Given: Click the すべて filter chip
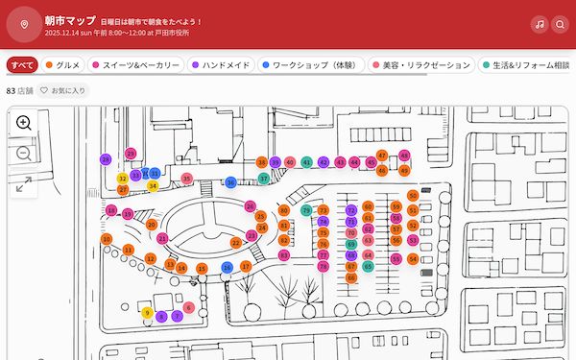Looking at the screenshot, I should point(22,65).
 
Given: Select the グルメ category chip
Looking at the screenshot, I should point(62,65).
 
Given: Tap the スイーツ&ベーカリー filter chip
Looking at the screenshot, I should point(136,65).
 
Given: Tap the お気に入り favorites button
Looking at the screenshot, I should point(63,90).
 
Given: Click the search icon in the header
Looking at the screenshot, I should point(561,25).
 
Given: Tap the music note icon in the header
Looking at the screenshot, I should point(540,25).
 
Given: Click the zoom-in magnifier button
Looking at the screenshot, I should point(24,123).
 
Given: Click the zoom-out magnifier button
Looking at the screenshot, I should point(24,154).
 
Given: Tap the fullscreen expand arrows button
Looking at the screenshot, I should point(24,183).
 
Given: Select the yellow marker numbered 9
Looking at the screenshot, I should point(147,312).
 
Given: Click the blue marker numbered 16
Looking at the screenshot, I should point(227,267).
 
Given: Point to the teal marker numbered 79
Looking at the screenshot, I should point(306,210).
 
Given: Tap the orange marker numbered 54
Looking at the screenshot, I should point(413,259).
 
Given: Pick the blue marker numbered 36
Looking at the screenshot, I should point(230,182).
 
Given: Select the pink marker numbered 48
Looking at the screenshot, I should point(404,156).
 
